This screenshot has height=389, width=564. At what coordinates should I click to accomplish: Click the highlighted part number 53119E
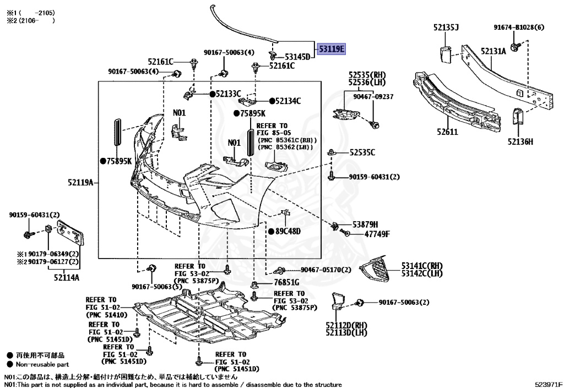pos(331,50)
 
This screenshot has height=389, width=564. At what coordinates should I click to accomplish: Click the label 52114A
pos(67,277)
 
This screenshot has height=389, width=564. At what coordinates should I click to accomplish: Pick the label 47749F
pos(377,234)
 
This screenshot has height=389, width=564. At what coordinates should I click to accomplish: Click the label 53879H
pos(366,224)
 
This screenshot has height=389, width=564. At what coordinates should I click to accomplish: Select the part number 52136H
pos(520,142)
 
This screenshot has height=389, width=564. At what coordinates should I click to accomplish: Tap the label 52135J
pos(446,28)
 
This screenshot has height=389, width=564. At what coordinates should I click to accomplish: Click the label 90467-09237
pos(373,96)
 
